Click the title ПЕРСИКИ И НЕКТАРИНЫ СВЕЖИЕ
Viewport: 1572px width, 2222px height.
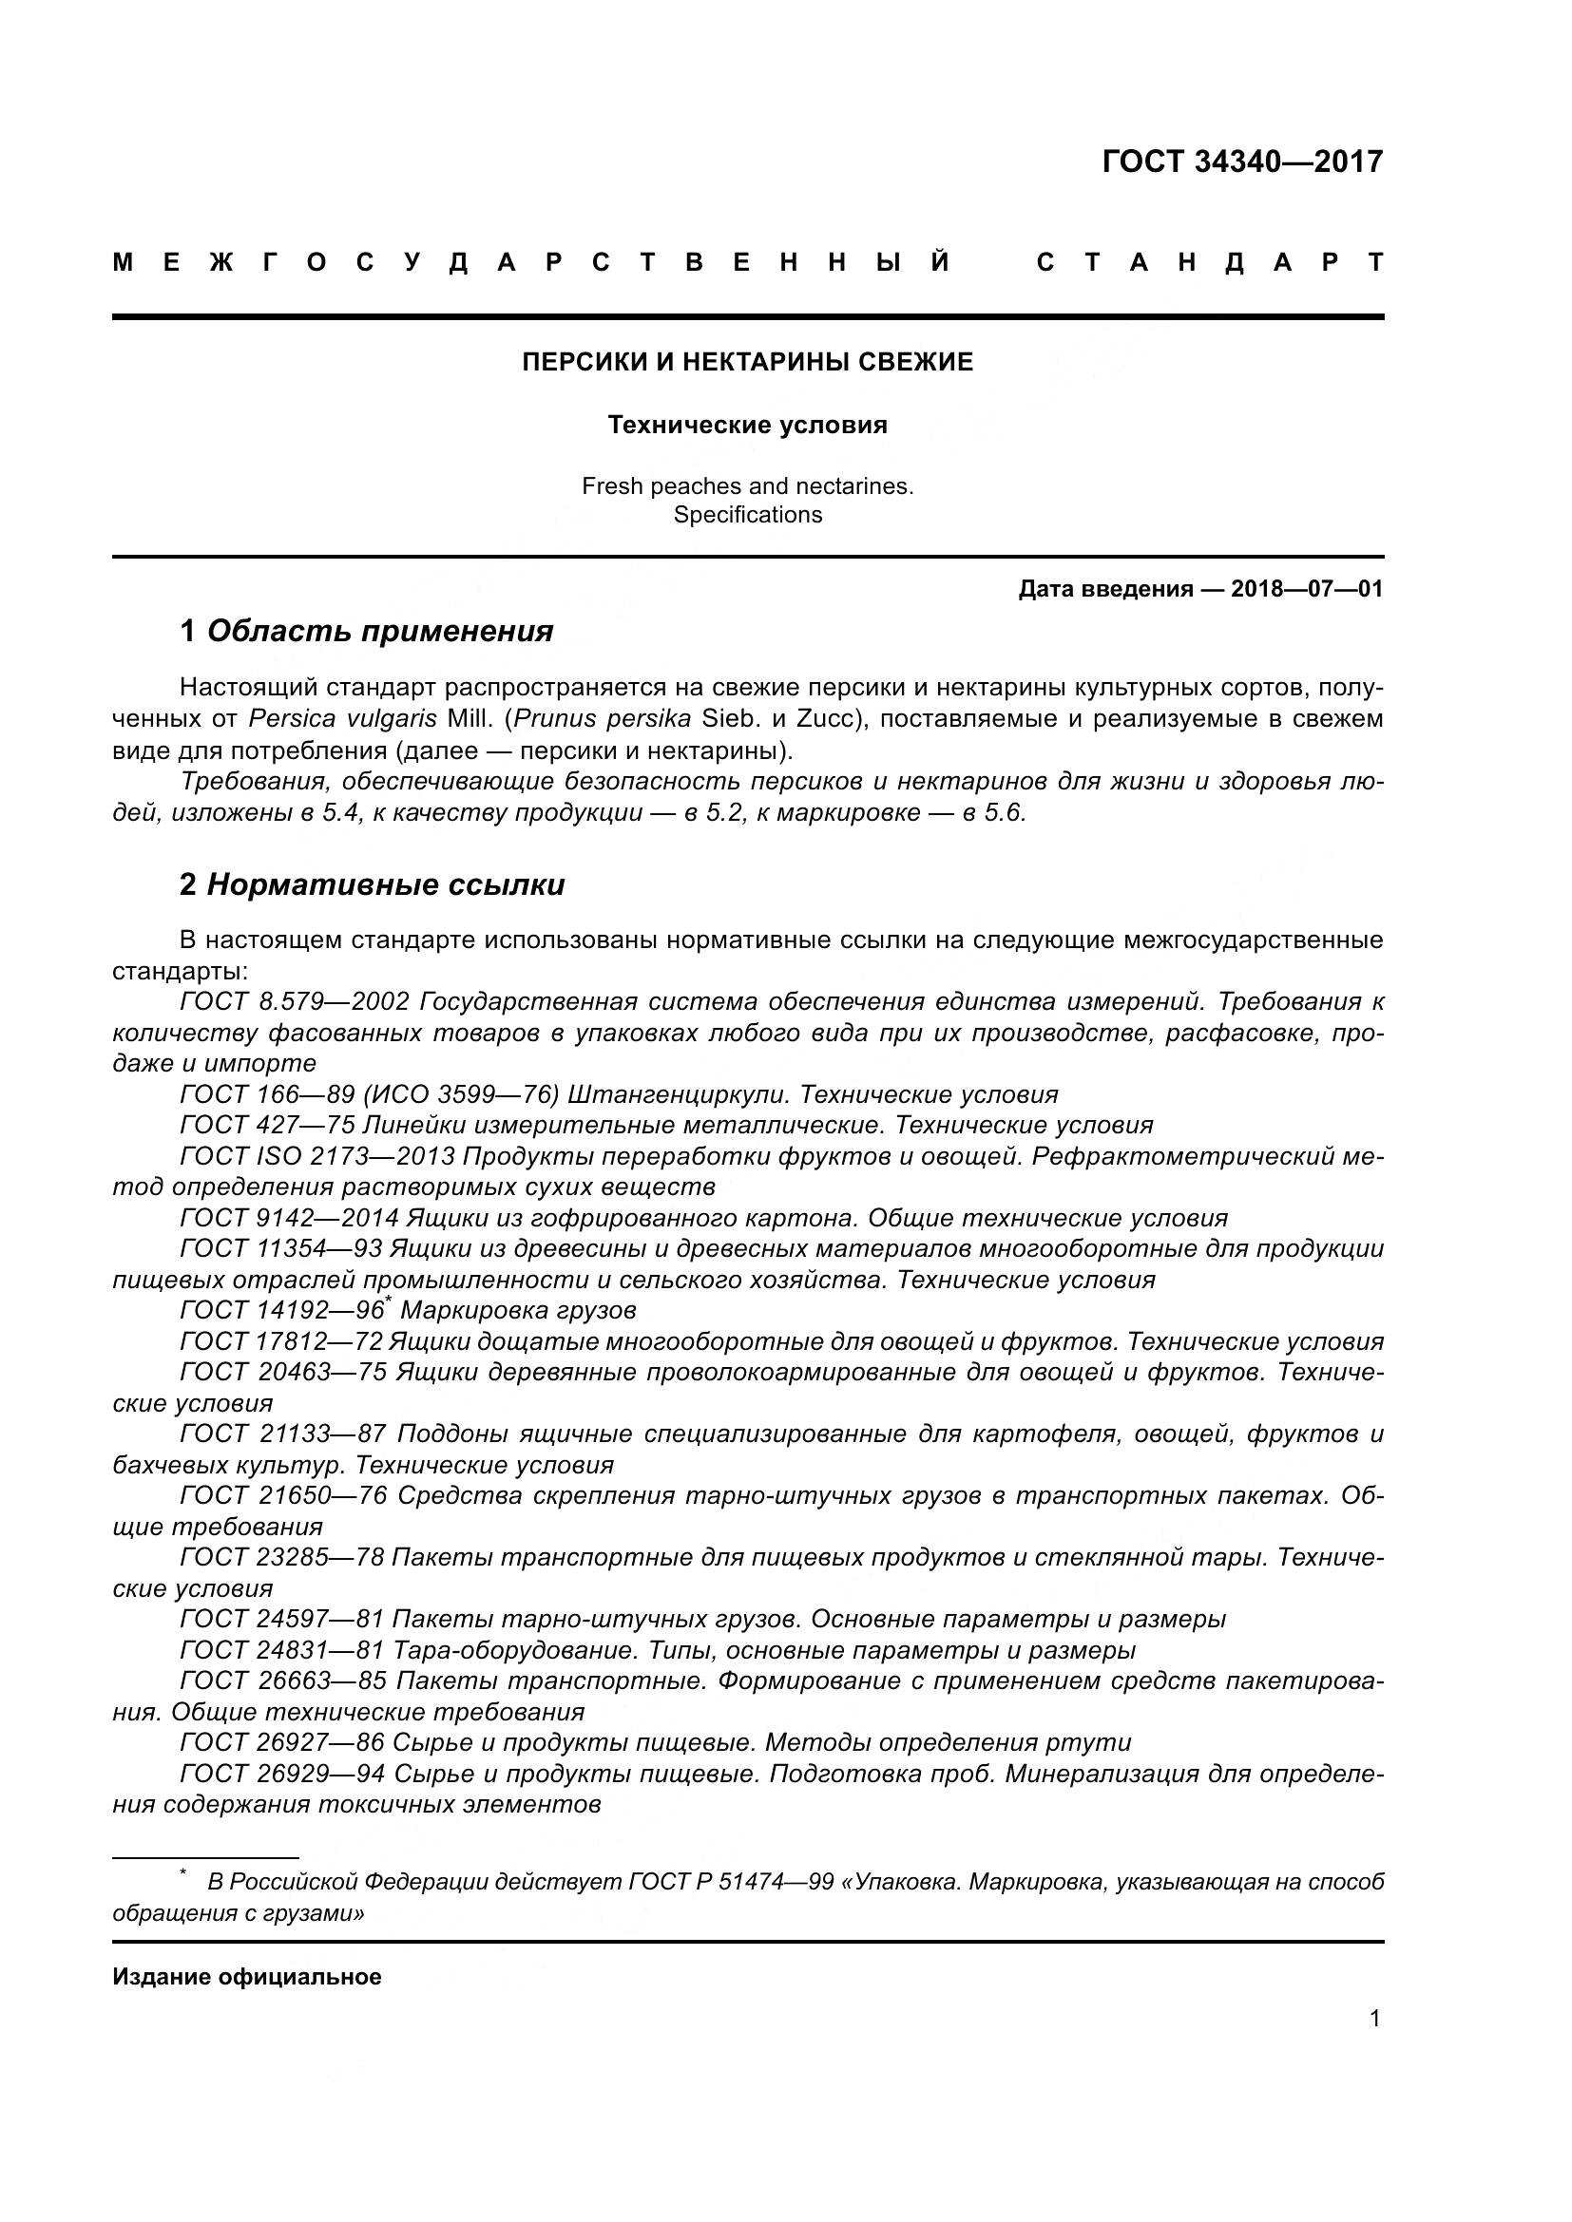(747, 362)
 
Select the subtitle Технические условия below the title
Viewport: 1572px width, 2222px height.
(747, 425)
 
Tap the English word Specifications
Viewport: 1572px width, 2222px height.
(747, 515)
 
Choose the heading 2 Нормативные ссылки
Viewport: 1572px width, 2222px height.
(372, 884)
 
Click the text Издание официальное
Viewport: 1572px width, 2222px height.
(247, 1977)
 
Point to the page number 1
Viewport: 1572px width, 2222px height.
(1374, 2019)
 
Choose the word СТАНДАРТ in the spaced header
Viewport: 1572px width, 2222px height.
(1209, 263)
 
